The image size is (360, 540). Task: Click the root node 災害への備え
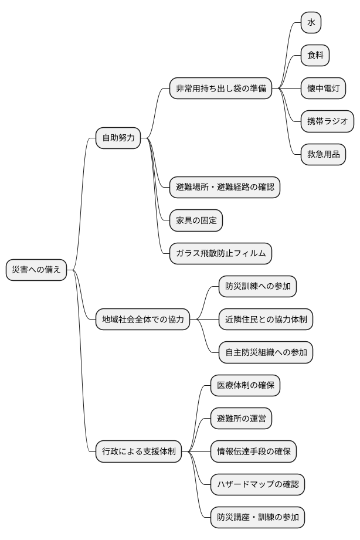click(36, 270)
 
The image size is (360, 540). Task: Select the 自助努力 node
click(118, 138)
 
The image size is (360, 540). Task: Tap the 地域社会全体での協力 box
click(142, 320)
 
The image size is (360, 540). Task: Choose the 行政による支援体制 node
click(138, 451)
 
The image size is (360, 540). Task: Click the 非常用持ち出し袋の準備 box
click(220, 89)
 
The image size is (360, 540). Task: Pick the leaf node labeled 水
click(311, 23)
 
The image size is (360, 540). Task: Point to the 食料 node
click(315, 56)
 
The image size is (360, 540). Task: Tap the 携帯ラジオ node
click(327, 121)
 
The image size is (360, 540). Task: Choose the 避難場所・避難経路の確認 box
click(225, 188)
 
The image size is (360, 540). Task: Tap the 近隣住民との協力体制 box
click(266, 320)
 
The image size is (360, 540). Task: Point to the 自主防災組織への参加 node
click(266, 352)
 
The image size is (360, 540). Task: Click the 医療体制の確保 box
click(245, 386)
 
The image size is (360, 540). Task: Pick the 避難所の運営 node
click(241, 419)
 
